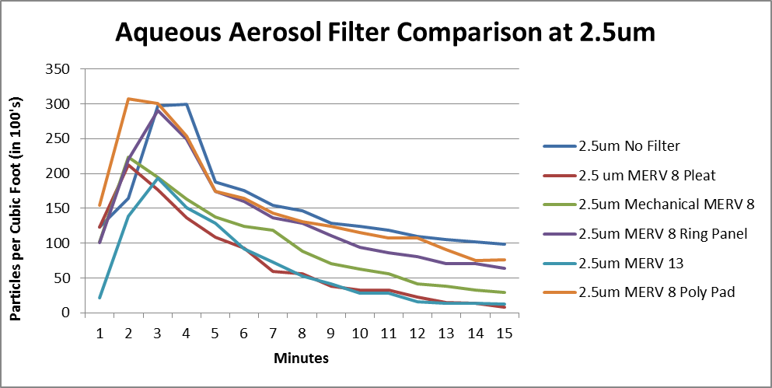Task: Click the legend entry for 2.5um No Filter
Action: coord(634,145)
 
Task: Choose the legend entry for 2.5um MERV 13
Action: coord(631,264)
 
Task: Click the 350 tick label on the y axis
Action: coord(59,69)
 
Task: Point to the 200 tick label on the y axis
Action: coord(59,173)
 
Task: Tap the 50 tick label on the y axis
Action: coord(62,278)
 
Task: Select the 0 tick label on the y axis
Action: coord(66,313)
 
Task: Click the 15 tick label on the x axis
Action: coord(504,332)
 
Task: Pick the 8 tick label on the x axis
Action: coord(302,332)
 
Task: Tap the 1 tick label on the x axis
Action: coord(100,332)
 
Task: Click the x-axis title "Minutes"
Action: coord(301,358)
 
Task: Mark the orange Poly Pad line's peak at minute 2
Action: coord(128,99)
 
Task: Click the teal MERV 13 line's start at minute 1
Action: coord(100,298)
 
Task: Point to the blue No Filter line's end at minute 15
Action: coord(504,244)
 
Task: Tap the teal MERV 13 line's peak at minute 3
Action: coord(157,178)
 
